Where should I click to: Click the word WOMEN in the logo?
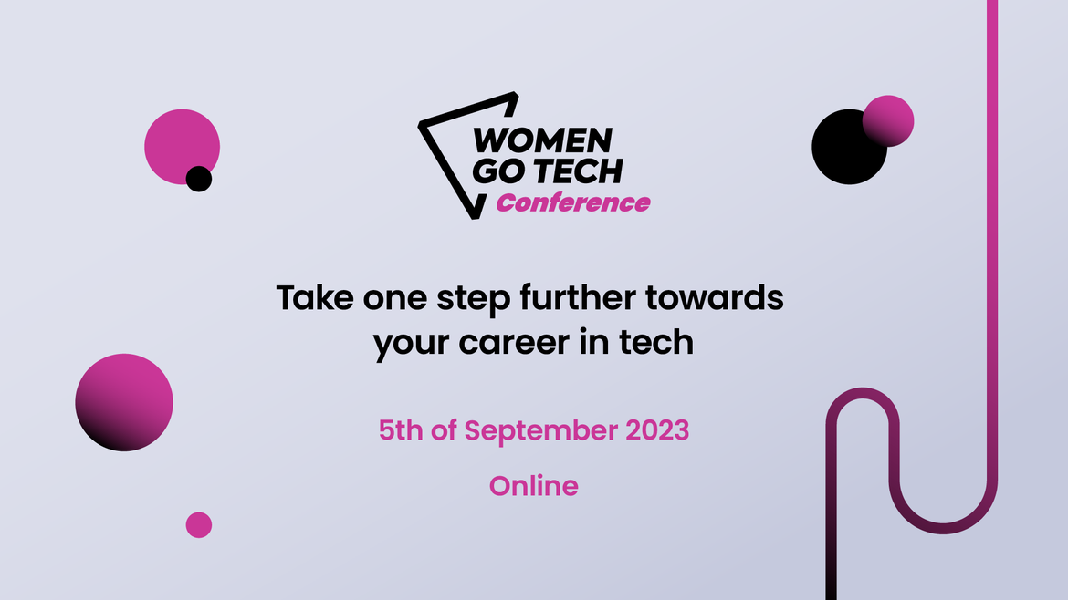(x=543, y=140)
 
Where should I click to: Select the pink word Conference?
(x=573, y=202)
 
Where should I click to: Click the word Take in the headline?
(x=315, y=298)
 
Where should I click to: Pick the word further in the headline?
(x=578, y=298)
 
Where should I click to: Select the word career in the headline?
(x=514, y=342)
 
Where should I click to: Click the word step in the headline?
(x=473, y=300)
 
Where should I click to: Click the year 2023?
(x=657, y=430)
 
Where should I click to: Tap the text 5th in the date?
(x=401, y=430)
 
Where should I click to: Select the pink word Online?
(x=533, y=486)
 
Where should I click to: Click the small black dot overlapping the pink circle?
(x=199, y=179)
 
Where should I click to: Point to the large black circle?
(x=844, y=151)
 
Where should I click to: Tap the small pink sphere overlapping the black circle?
(x=888, y=121)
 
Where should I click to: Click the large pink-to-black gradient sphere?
(x=124, y=402)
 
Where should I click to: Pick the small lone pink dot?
(x=199, y=525)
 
